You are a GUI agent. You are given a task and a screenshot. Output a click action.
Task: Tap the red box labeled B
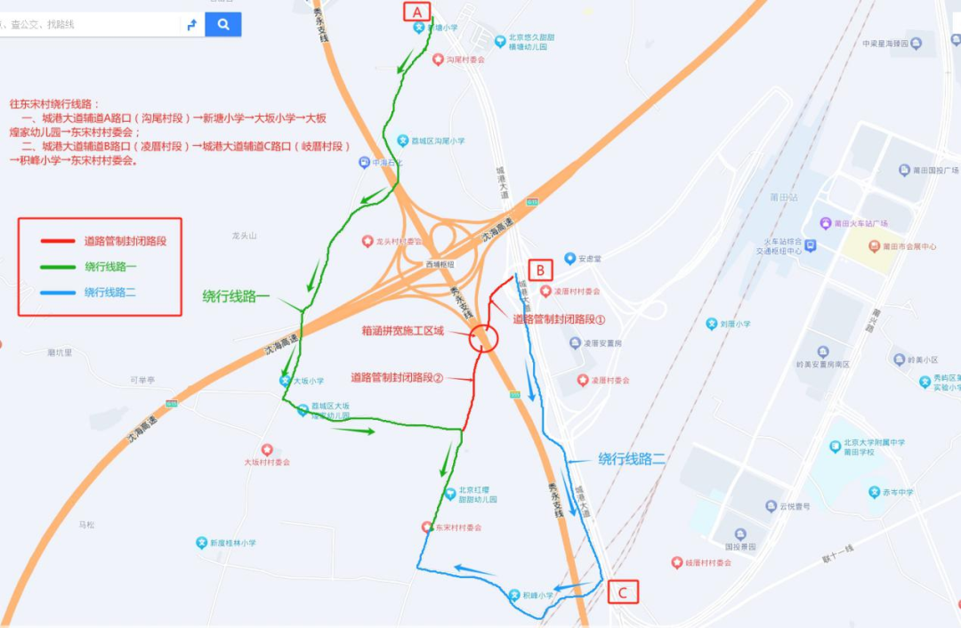click(541, 270)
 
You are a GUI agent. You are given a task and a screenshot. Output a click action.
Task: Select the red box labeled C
click(623, 592)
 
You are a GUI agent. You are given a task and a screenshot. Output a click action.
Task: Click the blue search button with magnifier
click(223, 24)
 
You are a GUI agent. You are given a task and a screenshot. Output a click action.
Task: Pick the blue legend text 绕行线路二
click(109, 292)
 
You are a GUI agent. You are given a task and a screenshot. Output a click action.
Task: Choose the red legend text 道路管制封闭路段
click(125, 240)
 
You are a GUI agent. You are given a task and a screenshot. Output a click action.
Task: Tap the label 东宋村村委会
click(458, 527)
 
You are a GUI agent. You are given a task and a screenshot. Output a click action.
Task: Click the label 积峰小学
click(537, 595)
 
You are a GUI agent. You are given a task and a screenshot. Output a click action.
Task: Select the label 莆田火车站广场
click(861, 223)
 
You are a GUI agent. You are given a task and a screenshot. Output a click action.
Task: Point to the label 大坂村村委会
click(267, 462)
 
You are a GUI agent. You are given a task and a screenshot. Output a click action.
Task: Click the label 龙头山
click(244, 236)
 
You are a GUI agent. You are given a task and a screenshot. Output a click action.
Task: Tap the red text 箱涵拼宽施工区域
click(402, 331)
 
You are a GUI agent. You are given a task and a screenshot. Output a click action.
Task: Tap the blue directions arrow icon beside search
click(191, 25)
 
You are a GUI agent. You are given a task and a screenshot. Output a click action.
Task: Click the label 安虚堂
click(590, 259)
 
